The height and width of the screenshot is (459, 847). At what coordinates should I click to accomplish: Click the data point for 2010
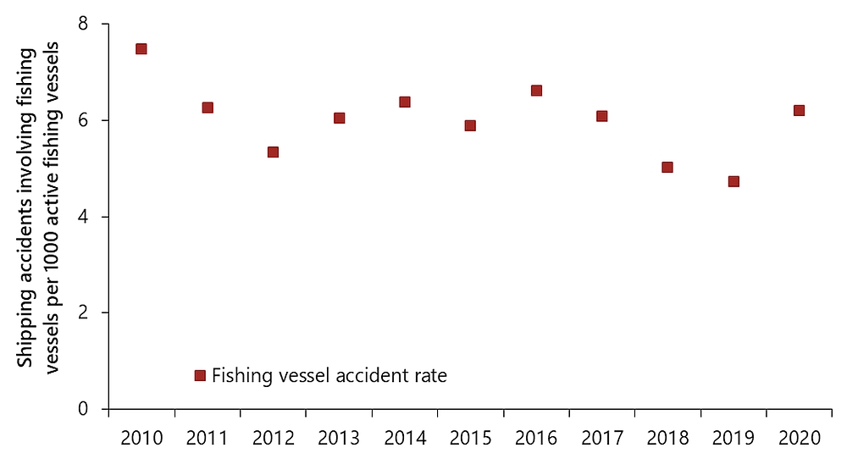(141, 49)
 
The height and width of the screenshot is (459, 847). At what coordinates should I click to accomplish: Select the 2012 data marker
(273, 152)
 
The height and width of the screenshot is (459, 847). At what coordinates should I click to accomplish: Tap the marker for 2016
(536, 91)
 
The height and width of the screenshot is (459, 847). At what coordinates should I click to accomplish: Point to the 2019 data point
(734, 181)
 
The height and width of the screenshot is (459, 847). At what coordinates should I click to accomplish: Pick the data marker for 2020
(799, 110)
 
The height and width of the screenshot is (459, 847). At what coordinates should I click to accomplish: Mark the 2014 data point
(405, 102)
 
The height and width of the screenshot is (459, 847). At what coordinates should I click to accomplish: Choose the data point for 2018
(667, 167)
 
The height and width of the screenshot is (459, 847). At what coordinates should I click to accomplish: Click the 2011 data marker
(208, 108)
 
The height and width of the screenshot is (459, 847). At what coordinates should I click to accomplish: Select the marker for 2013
(339, 118)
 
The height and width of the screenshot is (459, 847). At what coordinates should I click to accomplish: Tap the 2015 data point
(470, 125)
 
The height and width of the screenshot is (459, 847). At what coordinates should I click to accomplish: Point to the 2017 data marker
(601, 116)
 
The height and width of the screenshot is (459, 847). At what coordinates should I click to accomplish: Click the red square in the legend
(200, 375)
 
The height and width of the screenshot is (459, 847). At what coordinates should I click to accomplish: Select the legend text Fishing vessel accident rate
(329, 375)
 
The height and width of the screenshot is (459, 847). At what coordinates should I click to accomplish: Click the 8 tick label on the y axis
(83, 25)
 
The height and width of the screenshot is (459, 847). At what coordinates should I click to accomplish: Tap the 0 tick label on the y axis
(83, 410)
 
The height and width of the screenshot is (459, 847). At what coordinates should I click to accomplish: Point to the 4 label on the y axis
(83, 218)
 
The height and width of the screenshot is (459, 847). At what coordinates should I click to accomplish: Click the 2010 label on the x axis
(141, 438)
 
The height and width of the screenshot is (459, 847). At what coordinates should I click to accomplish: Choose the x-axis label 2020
(799, 438)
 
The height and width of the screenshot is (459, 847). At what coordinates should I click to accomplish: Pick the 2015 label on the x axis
(470, 438)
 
